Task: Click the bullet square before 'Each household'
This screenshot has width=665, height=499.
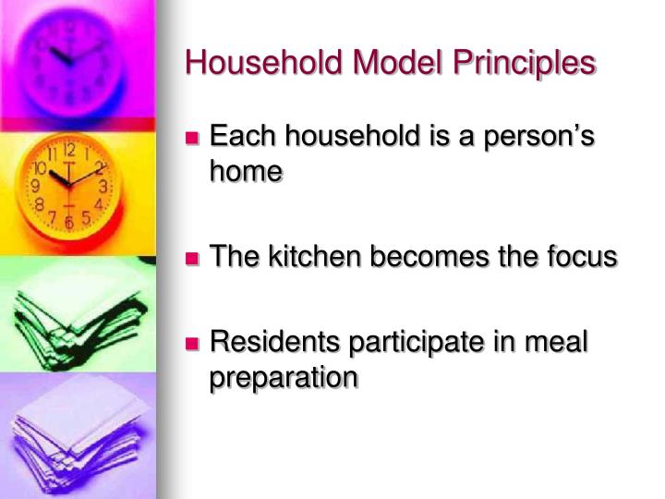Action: coord(193,140)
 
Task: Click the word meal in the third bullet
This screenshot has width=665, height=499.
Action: coord(557,343)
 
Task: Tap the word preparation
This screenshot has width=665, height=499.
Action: coord(284,377)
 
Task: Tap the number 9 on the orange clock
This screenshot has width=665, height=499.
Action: coord(36,187)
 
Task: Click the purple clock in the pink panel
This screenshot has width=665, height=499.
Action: coord(69,57)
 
